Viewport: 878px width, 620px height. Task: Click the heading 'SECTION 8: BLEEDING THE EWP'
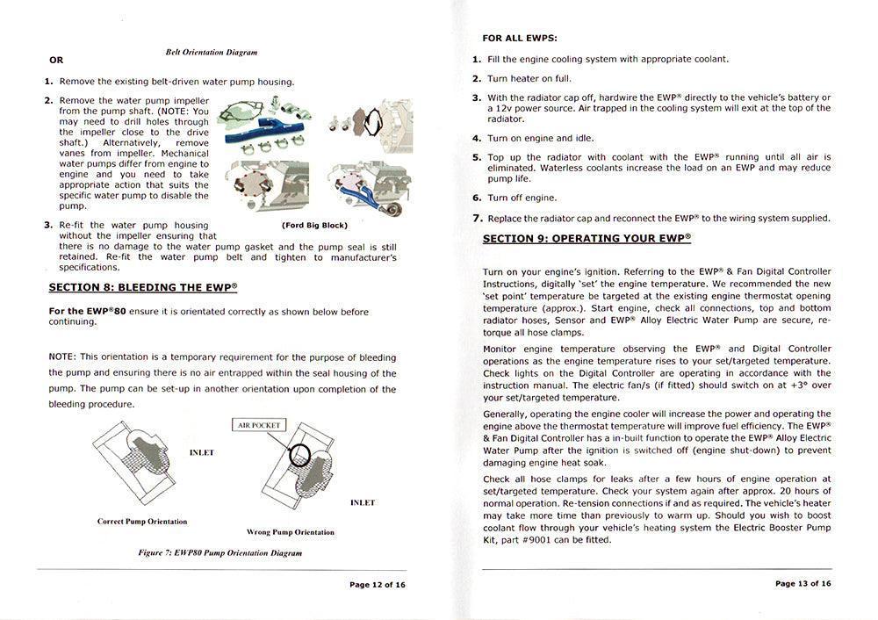(142, 287)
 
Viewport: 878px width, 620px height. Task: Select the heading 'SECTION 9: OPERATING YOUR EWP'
(587, 238)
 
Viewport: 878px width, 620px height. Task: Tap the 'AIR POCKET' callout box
(259, 425)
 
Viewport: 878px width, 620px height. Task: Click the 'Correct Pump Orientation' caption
(141, 522)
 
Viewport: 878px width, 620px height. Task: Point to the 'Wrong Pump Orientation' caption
(290, 532)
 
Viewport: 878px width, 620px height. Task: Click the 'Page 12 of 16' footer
(377, 584)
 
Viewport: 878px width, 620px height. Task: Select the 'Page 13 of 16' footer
(802, 583)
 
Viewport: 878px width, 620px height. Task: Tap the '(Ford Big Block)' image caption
(313, 226)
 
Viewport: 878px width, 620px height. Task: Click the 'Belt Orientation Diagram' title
(211, 53)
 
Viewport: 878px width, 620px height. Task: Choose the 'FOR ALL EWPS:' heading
(520, 39)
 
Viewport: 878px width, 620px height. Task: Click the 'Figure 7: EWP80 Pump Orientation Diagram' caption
(219, 553)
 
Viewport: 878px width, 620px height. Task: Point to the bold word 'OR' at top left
(56, 61)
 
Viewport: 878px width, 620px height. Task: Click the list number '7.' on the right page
(477, 218)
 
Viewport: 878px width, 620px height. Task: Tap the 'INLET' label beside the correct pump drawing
(201, 452)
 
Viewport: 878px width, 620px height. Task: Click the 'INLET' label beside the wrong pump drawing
(362, 502)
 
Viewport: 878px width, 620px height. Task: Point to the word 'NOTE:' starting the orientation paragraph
(61, 357)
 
